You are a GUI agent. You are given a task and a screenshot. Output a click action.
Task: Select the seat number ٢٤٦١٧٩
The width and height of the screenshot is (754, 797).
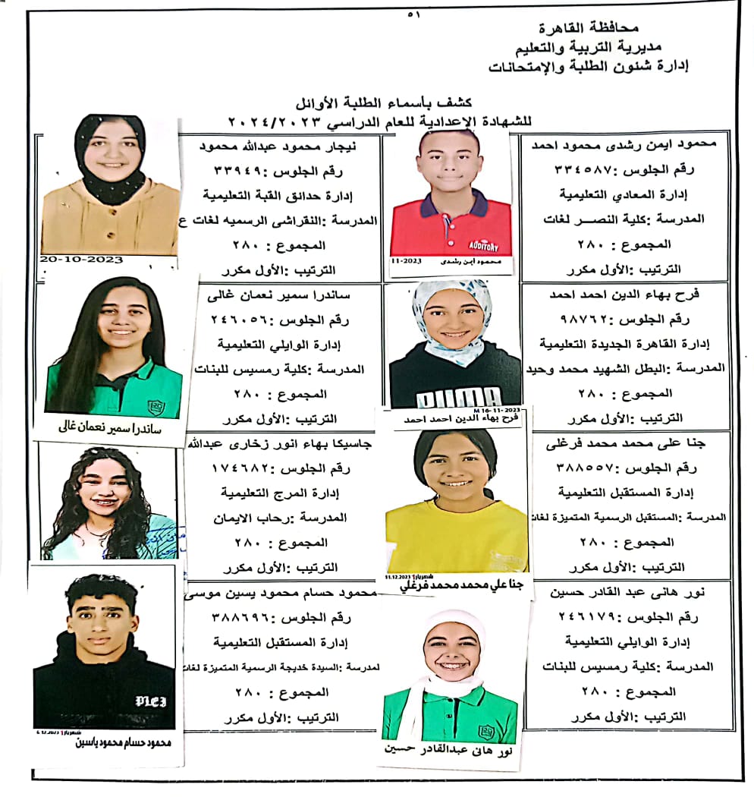[x=596, y=618]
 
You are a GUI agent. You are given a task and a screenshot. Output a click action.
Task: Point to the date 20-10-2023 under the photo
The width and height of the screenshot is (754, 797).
[x=82, y=260]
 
